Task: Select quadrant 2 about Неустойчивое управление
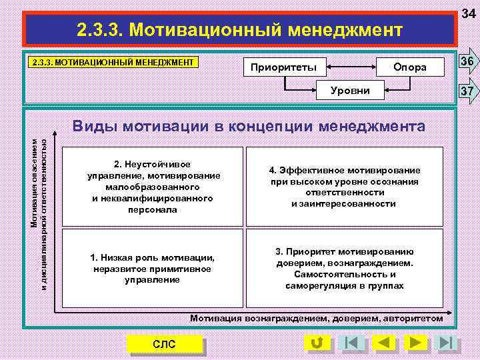tap(152, 187)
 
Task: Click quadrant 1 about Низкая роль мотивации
tap(152, 268)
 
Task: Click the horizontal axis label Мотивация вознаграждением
tap(316, 318)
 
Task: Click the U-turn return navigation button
tap(317, 343)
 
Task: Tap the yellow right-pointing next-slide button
tap(414, 343)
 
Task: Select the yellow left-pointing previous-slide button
tap(383, 343)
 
